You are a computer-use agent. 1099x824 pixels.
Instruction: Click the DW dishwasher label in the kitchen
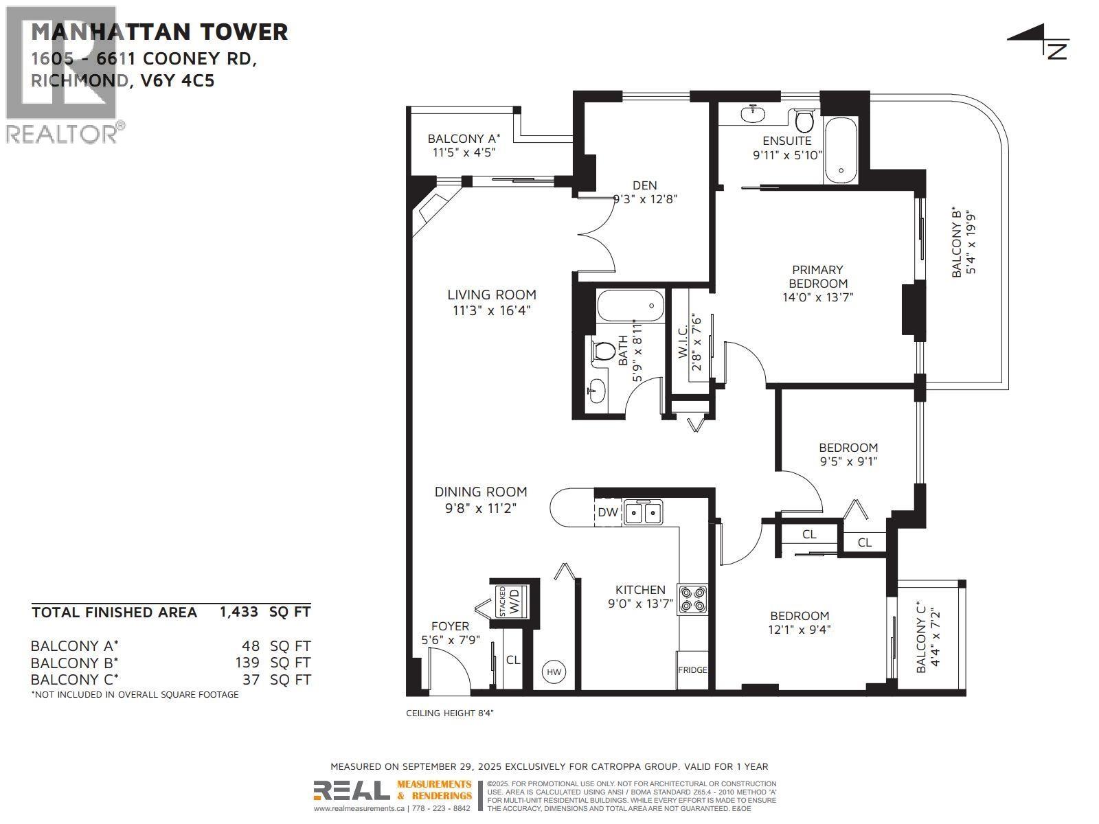click(x=608, y=512)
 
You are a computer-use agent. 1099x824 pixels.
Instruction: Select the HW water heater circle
click(x=554, y=672)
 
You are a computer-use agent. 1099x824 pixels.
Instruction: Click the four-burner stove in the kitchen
click(x=692, y=598)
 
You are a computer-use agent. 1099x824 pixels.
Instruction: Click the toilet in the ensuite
click(x=803, y=122)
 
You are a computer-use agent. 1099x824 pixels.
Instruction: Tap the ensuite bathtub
click(x=840, y=150)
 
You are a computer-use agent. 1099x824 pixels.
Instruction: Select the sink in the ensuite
click(x=752, y=112)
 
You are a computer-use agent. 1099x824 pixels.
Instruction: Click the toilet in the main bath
click(x=603, y=351)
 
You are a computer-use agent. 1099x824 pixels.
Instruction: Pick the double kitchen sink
click(x=644, y=512)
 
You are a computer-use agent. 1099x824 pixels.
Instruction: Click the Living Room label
click(x=492, y=295)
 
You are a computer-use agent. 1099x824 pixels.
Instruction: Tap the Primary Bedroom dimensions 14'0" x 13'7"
click(x=817, y=297)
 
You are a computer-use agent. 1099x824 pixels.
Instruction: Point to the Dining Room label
click(x=481, y=492)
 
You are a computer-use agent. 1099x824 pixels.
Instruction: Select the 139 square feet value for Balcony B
click(x=247, y=663)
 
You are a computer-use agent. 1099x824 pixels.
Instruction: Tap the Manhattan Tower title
click(x=159, y=32)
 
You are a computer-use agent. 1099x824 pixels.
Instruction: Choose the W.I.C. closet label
click(x=682, y=341)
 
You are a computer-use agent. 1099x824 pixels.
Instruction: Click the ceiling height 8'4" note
click(x=450, y=713)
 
